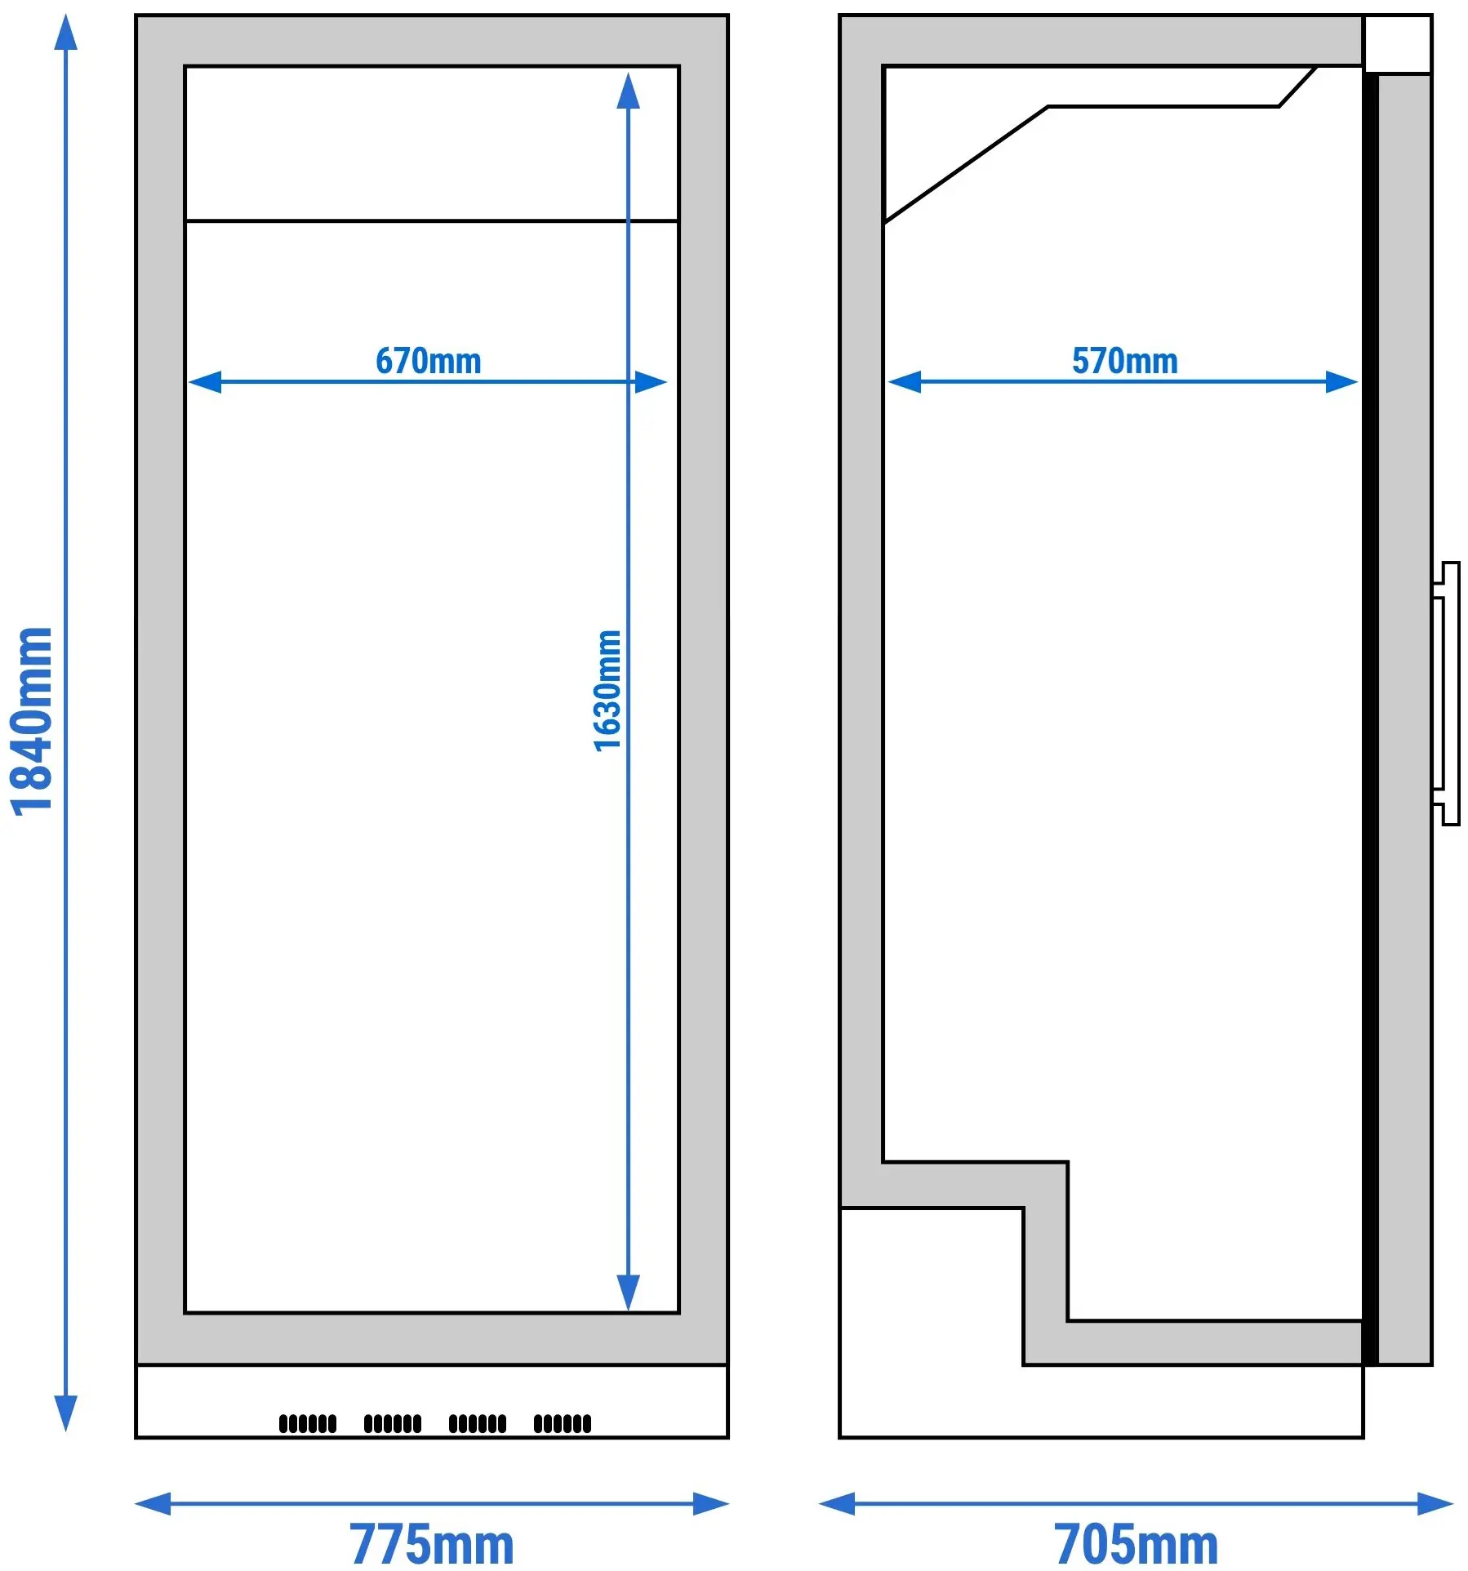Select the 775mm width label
tap(432, 1543)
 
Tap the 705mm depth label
tap(1136, 1543)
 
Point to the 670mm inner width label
tap(429, 361)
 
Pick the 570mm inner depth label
tap(1125, 361)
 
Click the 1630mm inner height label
tap(607, 690)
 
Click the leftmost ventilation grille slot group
tap(308, 1423)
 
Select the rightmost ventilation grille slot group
tap(563, 1423)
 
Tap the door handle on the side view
tap(1446, 693)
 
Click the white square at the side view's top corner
tap(1398, 44)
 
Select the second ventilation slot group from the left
tap(393, 1423)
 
